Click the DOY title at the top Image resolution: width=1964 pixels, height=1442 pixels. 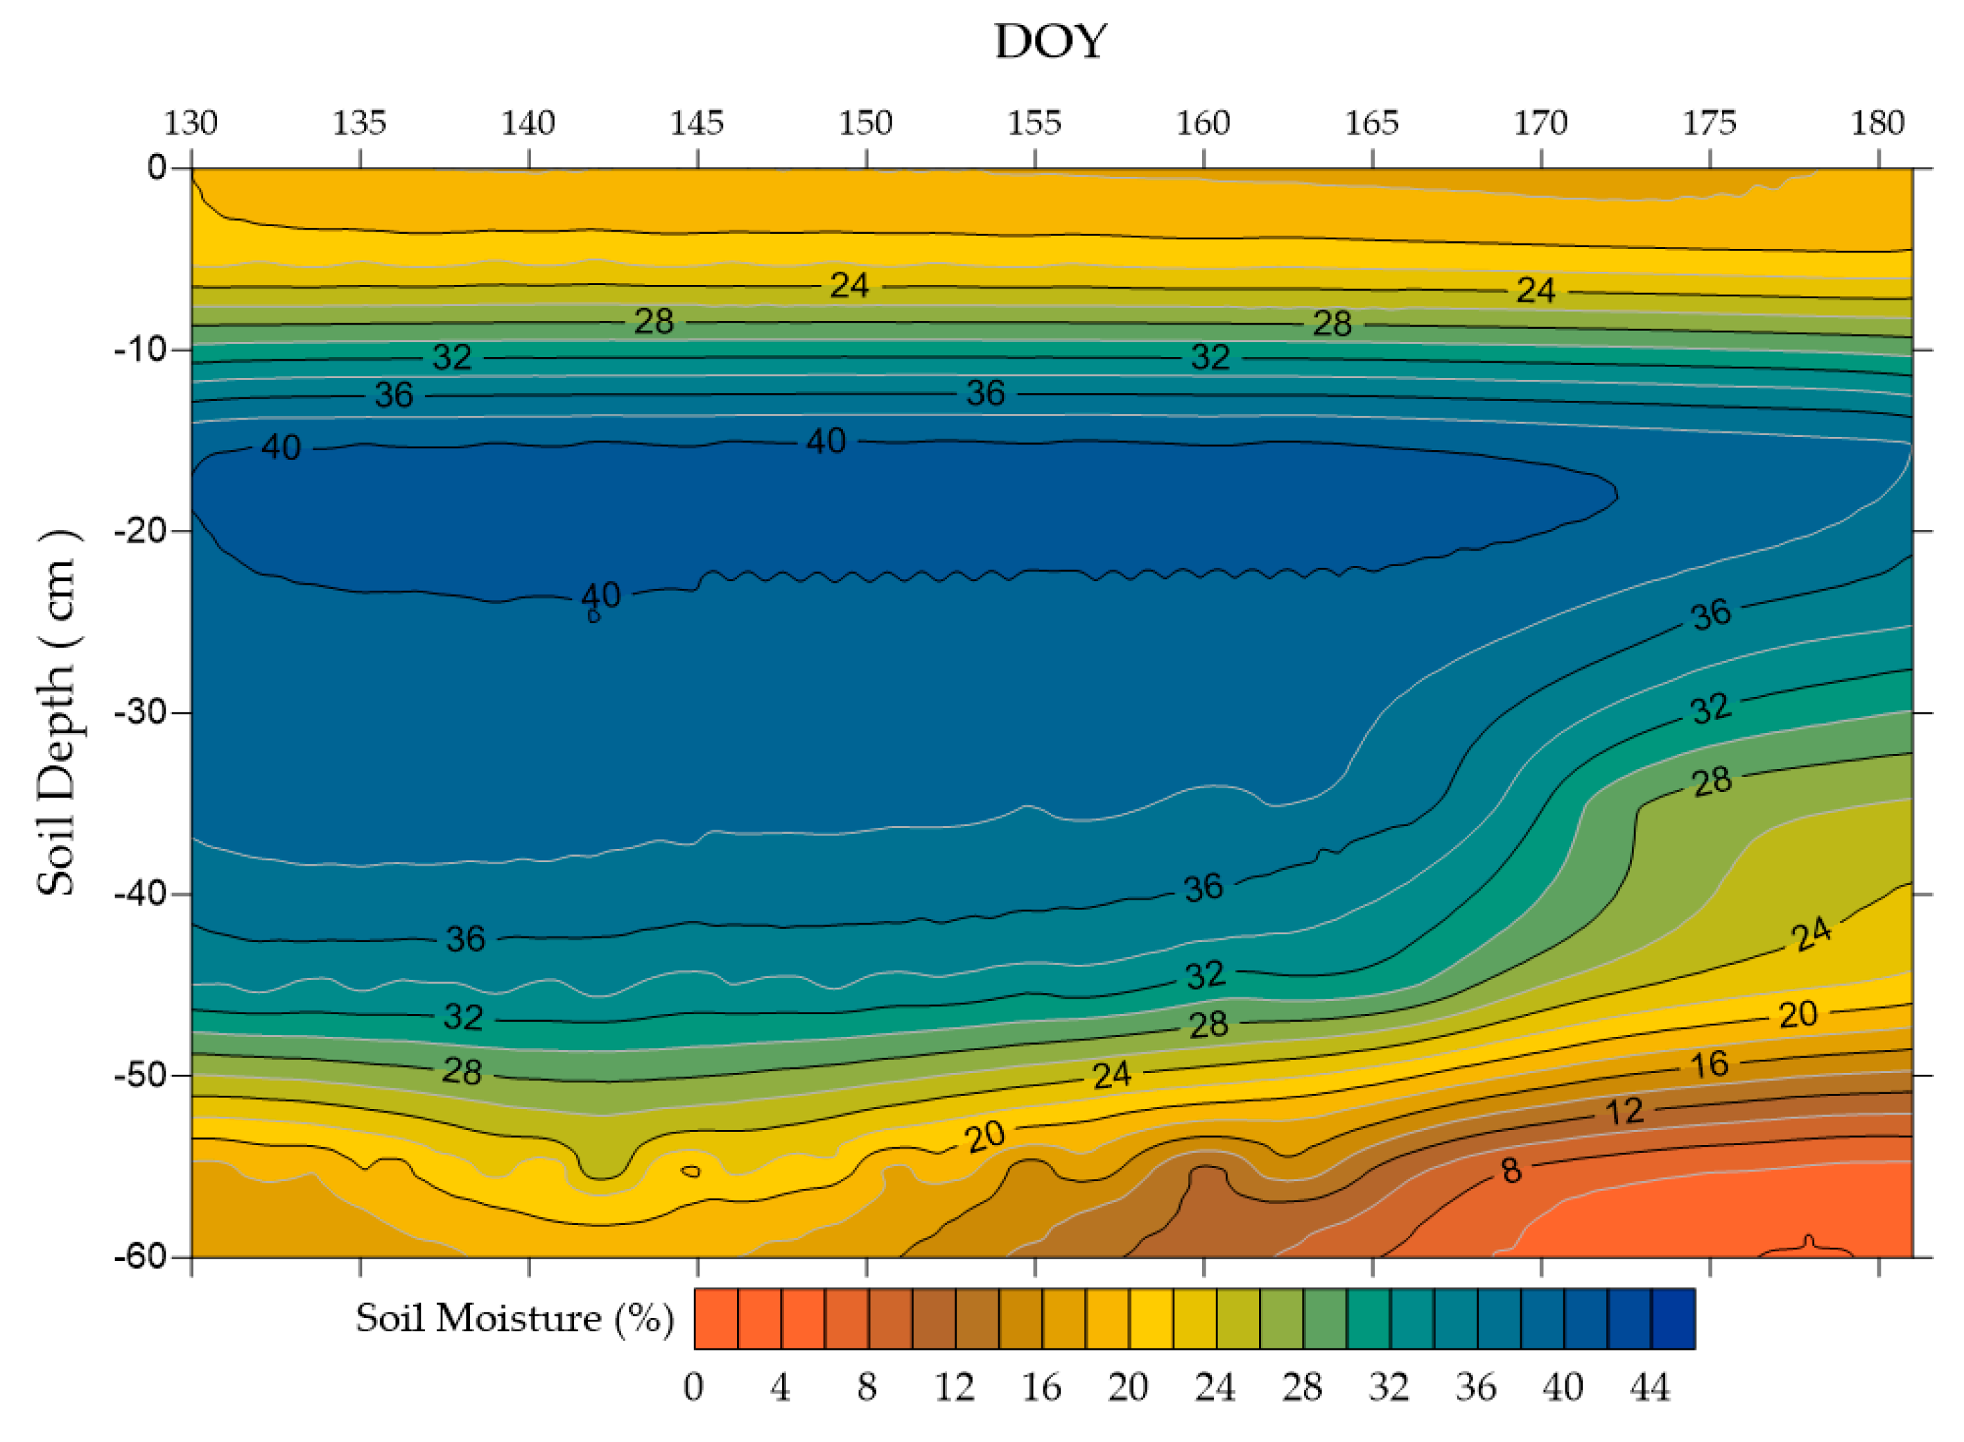click(1050, 42)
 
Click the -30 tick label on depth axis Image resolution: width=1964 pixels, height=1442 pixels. click(141, 712)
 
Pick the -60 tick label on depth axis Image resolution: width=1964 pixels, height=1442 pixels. click(141, 1257)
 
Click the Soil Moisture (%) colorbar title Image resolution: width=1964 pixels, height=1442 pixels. click(515, 1319)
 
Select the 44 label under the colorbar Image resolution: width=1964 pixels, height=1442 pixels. click(1649, 1388)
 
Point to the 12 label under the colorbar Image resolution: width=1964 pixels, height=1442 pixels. click(954, 1388)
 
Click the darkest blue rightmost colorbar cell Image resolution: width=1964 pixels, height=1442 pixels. click(1673, 1319)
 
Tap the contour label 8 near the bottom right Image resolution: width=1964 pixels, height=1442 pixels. click(1511, 1171)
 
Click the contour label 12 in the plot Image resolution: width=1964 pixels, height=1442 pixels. click(1624, 1112)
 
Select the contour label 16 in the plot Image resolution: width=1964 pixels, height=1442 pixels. click(1710, 1065)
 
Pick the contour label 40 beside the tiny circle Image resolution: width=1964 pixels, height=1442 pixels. click(601, 595)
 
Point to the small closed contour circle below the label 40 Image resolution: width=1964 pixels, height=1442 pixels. click(593, 616)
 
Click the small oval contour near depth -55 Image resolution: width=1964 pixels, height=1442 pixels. click(690, 1171)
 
